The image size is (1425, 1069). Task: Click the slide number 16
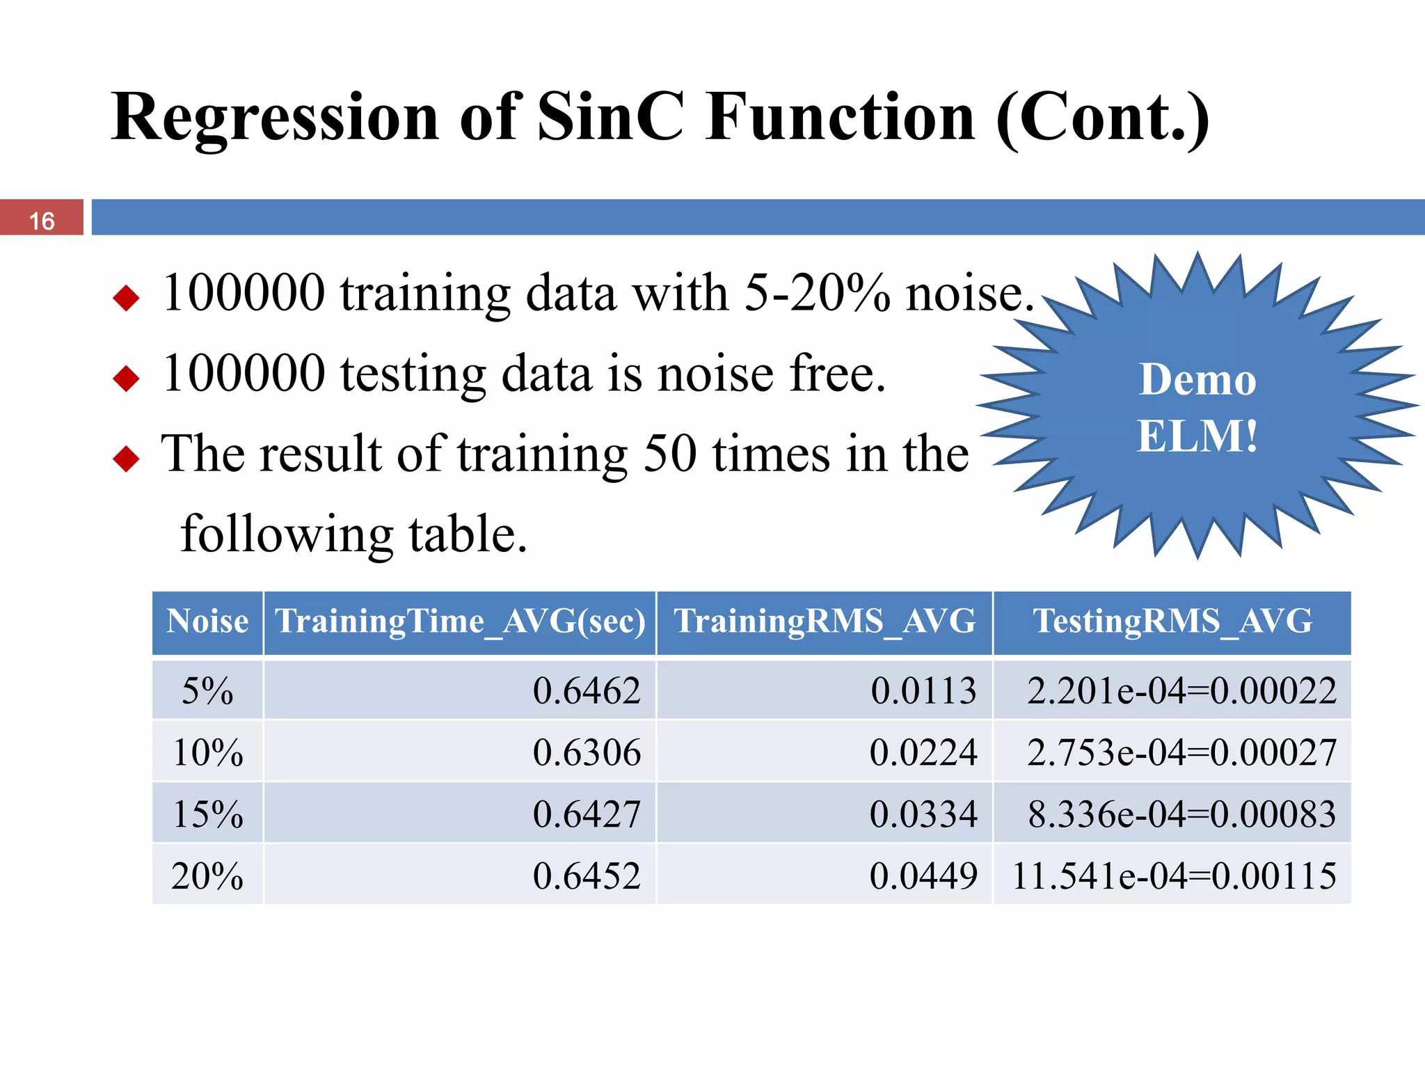42,221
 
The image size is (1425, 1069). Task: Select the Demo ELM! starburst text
1197,408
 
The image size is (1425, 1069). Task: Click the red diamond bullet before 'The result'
126,459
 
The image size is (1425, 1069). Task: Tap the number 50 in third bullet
669,454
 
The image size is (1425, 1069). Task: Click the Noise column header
207,621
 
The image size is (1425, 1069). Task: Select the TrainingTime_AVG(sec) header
460,621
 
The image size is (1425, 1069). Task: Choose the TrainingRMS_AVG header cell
825,621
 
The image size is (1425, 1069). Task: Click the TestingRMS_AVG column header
1172,621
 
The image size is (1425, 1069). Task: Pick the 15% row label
207,814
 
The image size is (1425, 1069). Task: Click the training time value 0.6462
586,690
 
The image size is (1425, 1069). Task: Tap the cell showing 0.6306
586,752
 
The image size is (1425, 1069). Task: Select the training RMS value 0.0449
923,876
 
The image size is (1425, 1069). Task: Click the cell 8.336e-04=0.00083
1181,814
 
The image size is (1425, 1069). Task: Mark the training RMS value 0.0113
923,690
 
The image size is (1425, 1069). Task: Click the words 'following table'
353,534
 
